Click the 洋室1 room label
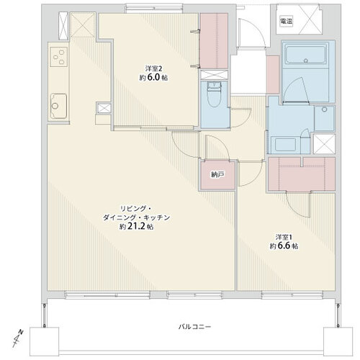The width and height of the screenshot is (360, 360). coord(283,236)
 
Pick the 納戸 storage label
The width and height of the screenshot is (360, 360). coord(217,175)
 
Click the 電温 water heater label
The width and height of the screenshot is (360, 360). coord(287,22)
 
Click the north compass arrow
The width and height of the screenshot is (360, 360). coord(19,335)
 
